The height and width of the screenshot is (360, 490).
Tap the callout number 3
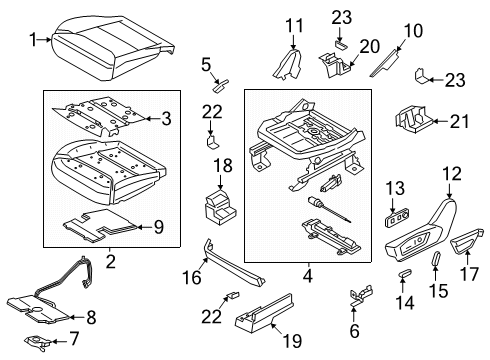pyautogui.click(x=167, y=118)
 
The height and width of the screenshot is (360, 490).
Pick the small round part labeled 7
pyautogui.click(x=42, y=344)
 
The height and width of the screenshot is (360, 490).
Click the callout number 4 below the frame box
pyautogui.click(x=309, y=273)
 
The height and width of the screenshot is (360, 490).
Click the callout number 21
pyautogui.click(x=459, y=121)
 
